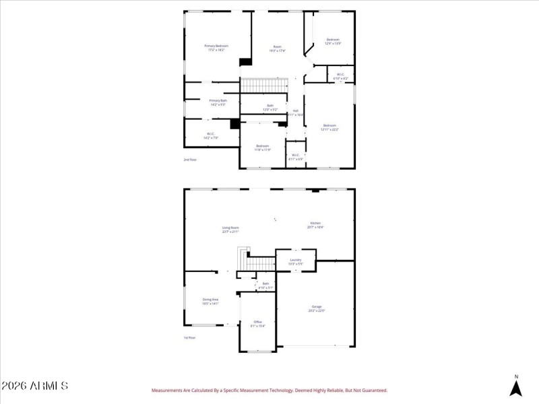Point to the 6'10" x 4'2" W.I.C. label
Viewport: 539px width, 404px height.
coord(341,76)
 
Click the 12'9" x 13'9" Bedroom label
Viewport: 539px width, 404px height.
coord(333,41)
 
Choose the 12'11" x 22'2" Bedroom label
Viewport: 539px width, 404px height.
coord(329,127)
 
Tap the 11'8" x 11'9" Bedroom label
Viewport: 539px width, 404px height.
coord(263,147)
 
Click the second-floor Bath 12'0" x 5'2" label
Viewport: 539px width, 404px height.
coord(270,107)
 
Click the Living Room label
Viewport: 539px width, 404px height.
coord(231,230)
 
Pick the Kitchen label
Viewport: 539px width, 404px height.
coord(315,225)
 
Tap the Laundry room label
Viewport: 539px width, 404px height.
coord(295,261)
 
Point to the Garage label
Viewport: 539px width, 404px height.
coord(317,308)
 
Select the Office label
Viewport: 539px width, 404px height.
coord(257,324)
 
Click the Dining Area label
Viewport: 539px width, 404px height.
coord(210,301)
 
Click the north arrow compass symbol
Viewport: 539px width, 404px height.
coord(516,387)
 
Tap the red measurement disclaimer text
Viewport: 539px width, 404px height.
coord(269,390)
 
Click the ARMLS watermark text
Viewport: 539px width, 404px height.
coord(35,386)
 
